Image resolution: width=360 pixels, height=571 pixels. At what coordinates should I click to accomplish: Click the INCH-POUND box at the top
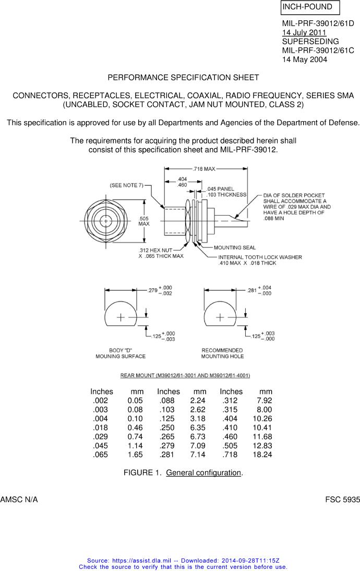(310, 7)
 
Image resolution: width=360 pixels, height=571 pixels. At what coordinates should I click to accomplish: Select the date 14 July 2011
(304, 32)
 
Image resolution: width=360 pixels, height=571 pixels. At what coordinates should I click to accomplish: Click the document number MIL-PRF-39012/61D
(318, 23)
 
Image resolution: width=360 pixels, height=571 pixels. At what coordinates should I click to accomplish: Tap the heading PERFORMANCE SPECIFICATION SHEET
(183, 78)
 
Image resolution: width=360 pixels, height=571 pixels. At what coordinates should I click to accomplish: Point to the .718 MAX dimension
(204, 169)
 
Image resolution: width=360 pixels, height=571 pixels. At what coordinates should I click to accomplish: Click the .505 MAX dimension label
(144, 221)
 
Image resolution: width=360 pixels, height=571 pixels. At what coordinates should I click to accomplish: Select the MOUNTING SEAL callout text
(235, 247)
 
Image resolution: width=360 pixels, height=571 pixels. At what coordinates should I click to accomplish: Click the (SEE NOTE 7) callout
(126, 185)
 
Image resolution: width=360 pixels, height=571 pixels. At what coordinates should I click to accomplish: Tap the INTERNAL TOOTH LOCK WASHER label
(260, 257)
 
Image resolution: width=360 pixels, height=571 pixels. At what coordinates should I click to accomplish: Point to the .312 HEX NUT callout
(155, 250)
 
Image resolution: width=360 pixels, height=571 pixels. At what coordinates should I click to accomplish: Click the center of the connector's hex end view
(106, 221)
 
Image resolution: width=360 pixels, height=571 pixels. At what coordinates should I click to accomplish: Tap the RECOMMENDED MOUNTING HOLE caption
(222, 353)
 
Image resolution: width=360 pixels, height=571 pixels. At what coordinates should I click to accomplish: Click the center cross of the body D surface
(121, 317)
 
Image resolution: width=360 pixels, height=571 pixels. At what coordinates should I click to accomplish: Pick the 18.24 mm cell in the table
(262, 455)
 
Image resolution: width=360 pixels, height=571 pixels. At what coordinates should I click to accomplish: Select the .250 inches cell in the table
(167, 427)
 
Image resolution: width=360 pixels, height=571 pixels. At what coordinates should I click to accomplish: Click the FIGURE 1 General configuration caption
(183, 473)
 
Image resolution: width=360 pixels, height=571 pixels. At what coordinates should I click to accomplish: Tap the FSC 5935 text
(343, 499)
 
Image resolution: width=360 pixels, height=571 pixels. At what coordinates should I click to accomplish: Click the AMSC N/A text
(19, 499)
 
